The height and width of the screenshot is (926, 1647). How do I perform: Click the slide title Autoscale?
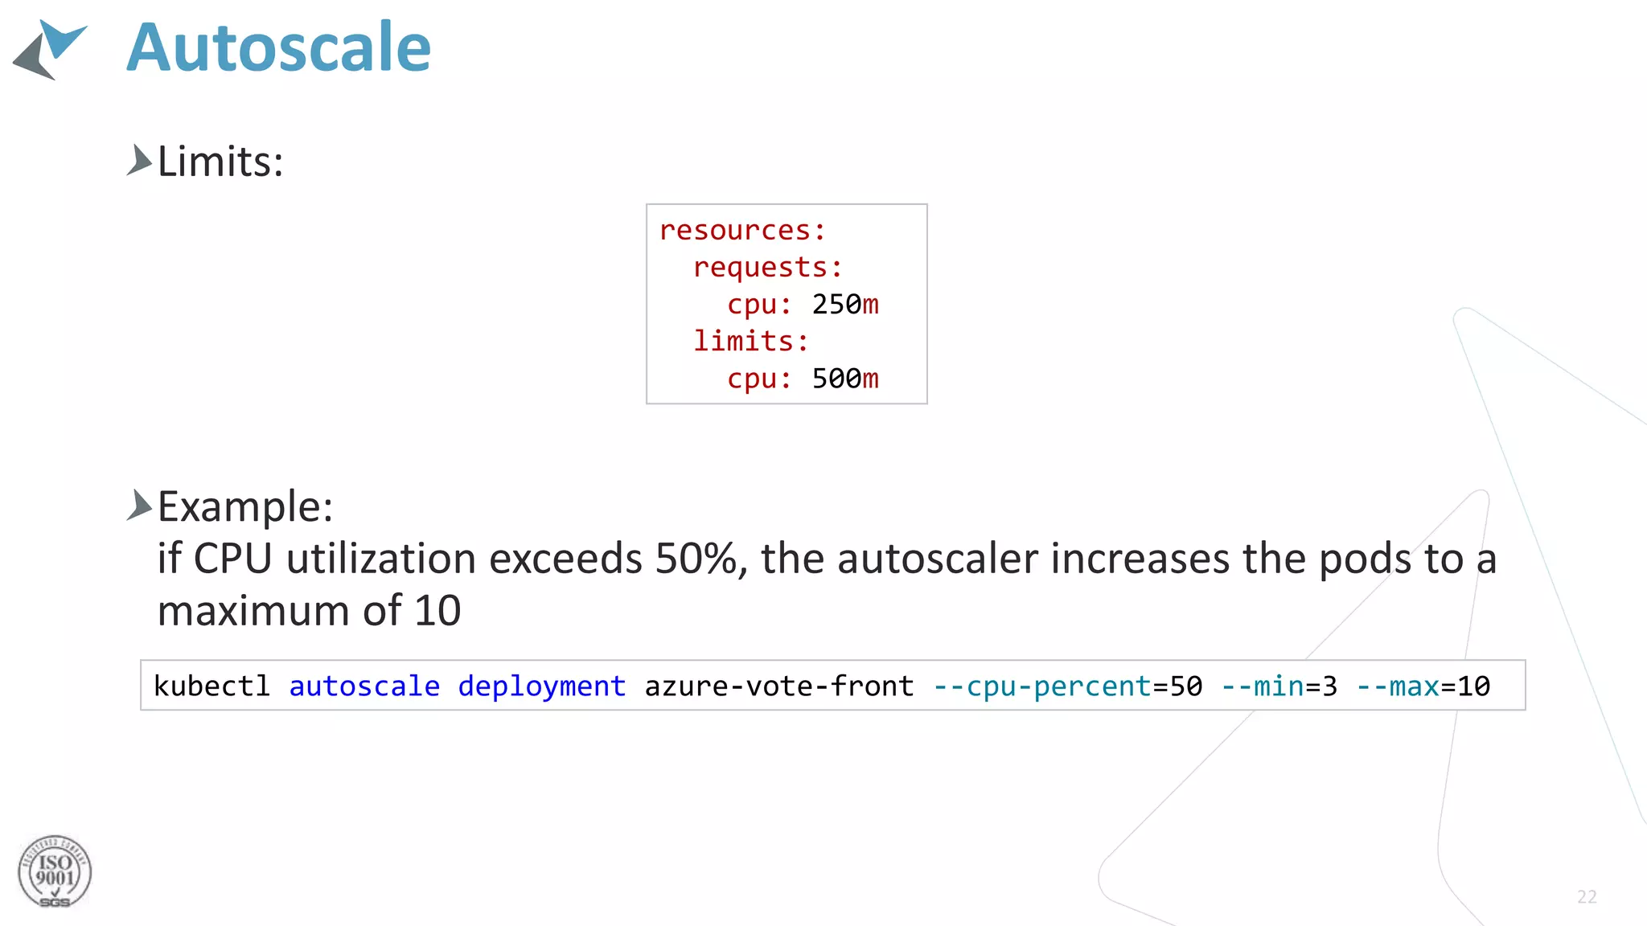(x=278, y=48)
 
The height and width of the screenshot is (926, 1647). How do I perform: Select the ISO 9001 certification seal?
(x=55, y=872)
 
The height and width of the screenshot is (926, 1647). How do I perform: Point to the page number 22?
(x=1587, y=897)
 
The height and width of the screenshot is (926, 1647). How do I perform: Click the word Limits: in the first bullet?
(x=220, y=162)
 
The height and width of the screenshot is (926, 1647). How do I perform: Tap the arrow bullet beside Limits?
(x=139, y=160)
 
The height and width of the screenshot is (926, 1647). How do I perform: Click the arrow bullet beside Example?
(x=139, y=506)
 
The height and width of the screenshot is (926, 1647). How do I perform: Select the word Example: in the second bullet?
(x=245, y=507)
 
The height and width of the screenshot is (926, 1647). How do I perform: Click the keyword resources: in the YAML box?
(x=742, y=231)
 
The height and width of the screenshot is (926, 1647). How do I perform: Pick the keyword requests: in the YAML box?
(x=767, y=268)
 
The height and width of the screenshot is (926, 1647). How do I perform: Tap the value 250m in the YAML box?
(x=845, y=305)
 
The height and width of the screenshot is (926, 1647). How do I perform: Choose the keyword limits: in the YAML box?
(x=750, y=342)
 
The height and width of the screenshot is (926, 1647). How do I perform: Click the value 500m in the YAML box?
(x=845, y=379)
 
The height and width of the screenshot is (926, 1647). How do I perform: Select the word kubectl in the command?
(x=212, y=686)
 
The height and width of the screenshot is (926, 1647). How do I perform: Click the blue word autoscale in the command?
(x=364, y=686)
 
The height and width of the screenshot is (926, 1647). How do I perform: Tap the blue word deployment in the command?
(x=541, y=686)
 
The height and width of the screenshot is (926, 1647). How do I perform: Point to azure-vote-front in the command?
(x=778, y=686)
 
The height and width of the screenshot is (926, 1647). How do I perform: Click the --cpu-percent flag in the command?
(x=1043, y=686)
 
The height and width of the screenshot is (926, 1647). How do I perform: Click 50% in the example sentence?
(x=696, y=559)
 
